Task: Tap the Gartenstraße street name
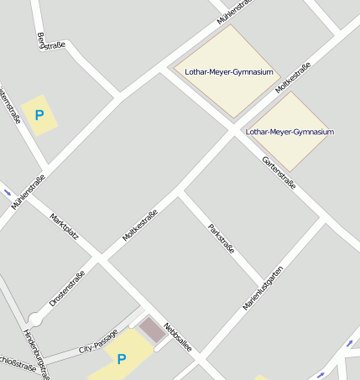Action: [x=279, y=172]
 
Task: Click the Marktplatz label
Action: [x=65, y=226]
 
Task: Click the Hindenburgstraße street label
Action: [x=36, y=352]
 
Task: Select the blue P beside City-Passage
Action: [x=122, y=359]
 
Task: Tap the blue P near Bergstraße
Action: [x=39, y=115]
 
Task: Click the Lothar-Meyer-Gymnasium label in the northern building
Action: [x=229, y=72]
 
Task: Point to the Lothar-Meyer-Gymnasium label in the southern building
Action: [x=290, y=132]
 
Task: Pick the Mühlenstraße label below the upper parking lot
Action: [x=29, y=191]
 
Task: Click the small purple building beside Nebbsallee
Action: [x=152, y=330]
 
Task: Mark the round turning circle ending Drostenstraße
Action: [x=34, y=320]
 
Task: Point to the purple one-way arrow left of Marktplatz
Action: [x=8, y=193]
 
